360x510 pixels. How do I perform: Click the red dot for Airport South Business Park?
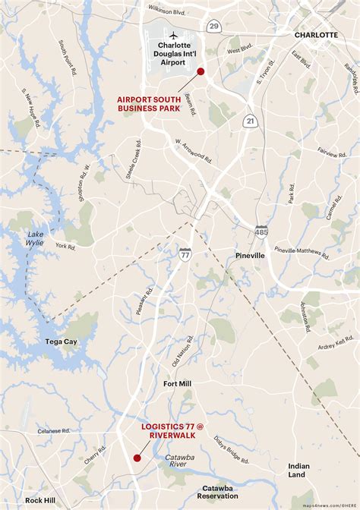pos(201,71)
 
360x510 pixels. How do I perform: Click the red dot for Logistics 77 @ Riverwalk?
pos(137,458)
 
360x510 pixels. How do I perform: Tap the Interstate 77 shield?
pos(185,254)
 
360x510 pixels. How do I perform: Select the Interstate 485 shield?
pos(261,231)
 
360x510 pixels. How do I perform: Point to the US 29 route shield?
pos(215,27)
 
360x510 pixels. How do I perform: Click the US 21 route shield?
pos(249,121)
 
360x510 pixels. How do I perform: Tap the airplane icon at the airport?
pos(173,36)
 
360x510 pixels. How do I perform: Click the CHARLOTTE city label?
pos(316,35)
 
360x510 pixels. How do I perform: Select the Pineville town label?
pos(250,256)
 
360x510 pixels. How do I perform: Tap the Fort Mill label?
pos(177,383)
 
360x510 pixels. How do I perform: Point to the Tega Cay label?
pos(61,342)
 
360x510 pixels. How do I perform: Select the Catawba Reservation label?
pos(219,492)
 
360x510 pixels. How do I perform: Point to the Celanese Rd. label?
pos(55,431)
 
